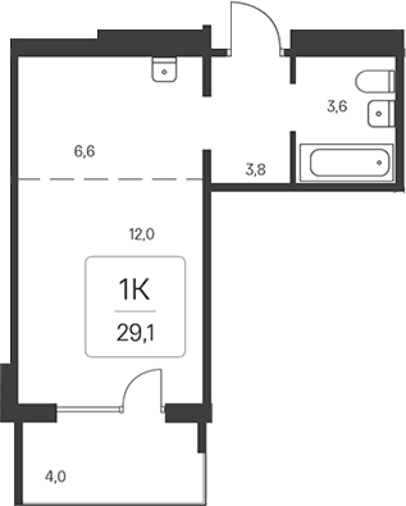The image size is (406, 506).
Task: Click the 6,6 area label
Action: click(x=84, y=151)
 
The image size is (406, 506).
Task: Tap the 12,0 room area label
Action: click(x=142, y=234)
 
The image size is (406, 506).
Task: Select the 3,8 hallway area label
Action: click(x=255, y=169)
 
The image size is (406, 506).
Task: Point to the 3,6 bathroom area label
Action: click(x=337, y=106)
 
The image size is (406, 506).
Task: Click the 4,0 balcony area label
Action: click(x=55, y=476)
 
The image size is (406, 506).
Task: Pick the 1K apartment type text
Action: click(x=134, y=290)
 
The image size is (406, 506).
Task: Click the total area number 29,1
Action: click(x=135, y=332)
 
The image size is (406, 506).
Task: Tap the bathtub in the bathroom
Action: click(x=347, y=163)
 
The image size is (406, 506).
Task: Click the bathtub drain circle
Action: click(x=379, y=163)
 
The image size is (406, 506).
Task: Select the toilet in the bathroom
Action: click(x=375, y=81)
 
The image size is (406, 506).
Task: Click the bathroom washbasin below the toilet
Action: click(x=381, y=114)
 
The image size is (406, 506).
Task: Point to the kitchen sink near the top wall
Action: click(x=164, y=69)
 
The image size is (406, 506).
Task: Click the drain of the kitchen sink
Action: click(x=165, y=72)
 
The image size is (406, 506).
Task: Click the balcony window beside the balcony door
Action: click(x=89, y=409)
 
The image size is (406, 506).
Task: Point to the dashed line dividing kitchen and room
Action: click(x=110, y=179)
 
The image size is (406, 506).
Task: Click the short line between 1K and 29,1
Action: click(x=135, y=312)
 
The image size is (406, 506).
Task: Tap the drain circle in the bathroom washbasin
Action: click(x=379, y=114)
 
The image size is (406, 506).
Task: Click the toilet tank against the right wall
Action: click(x=391, y=81)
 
